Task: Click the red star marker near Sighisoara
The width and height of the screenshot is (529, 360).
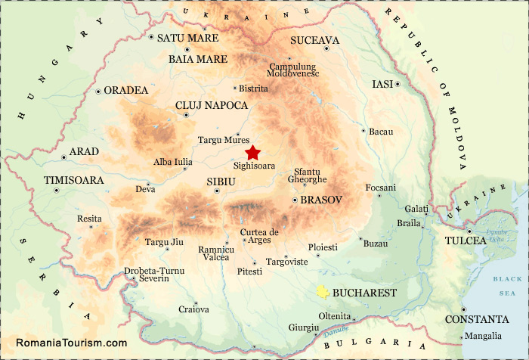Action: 252,152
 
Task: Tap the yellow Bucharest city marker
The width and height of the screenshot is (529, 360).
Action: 323,291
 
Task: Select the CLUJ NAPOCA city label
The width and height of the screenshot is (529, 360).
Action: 206,105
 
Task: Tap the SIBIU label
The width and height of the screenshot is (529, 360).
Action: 221,182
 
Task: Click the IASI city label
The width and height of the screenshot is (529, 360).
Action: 383,84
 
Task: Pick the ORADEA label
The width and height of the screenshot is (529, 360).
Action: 125,90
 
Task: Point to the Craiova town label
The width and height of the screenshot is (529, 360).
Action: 193,309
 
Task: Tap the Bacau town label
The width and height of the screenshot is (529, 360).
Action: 382,132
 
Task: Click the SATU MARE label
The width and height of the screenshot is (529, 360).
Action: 187,38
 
